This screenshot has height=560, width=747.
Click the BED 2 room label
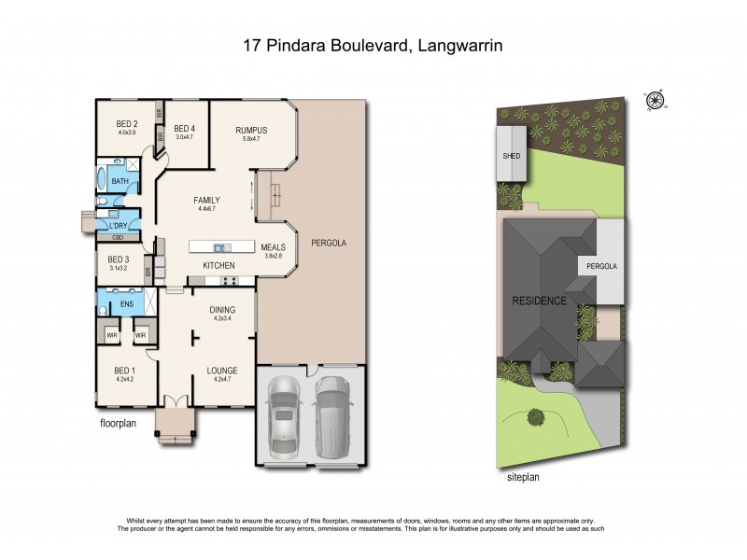pos(127,124)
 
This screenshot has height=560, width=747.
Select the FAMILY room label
pos(206,201)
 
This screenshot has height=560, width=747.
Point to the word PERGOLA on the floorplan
pos(329,243)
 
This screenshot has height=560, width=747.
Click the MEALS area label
pos(273,247)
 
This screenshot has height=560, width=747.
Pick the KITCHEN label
pos(218,266)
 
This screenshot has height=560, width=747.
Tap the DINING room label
pos(222,310)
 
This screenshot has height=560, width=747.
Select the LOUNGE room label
pos(222,371)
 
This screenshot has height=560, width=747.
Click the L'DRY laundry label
pos(119,226)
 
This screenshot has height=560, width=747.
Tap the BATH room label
pos(120,181)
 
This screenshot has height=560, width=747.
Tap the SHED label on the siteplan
pos(511,157)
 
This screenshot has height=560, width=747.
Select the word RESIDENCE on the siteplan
pos(539,301)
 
